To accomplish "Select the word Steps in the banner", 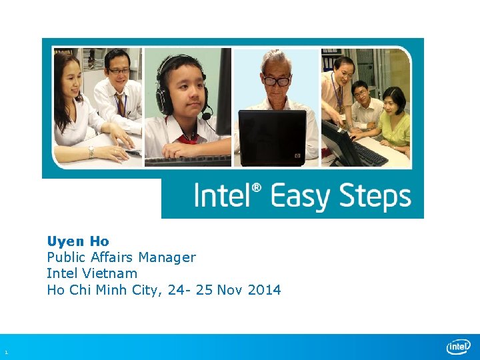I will coord(375,197).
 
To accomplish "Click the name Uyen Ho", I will coord(78,241).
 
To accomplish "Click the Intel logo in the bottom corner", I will coord(458,347).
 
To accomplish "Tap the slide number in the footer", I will coord(5,352).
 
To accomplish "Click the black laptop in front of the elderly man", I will coord(273,137).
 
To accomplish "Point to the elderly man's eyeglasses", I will coord(277,81).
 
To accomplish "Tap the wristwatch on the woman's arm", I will coord(91,151).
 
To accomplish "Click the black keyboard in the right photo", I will coord(370,154).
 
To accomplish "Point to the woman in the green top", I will coord(395,120).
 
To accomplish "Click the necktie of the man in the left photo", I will coord(121,105).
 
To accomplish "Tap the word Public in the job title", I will coord(65,257).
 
